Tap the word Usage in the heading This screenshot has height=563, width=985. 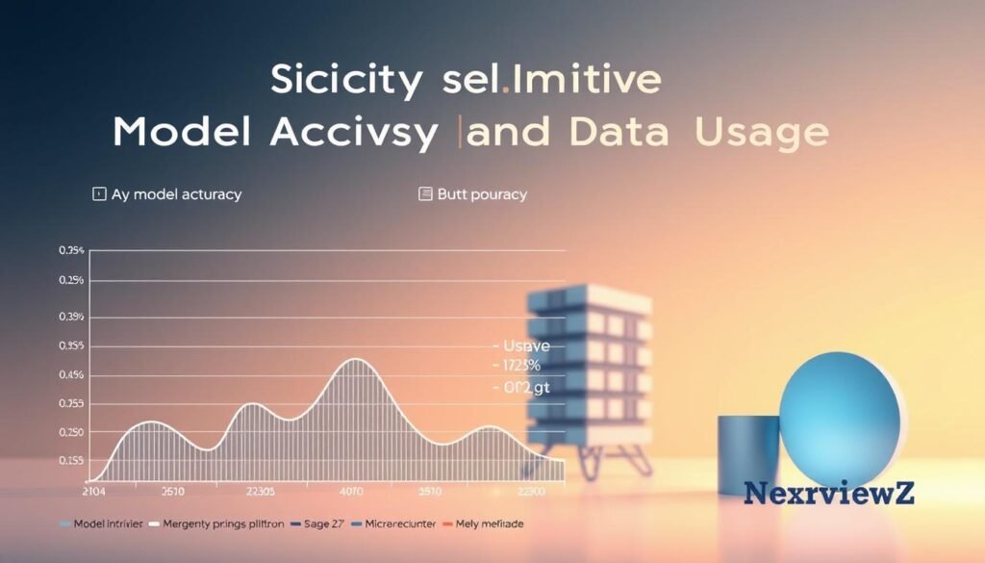[x=761, y=133]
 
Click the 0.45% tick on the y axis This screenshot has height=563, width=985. [x=71, y=374]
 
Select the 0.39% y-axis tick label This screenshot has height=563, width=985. [x=71, y=317]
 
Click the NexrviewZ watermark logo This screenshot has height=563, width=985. [x=829, y=493]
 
